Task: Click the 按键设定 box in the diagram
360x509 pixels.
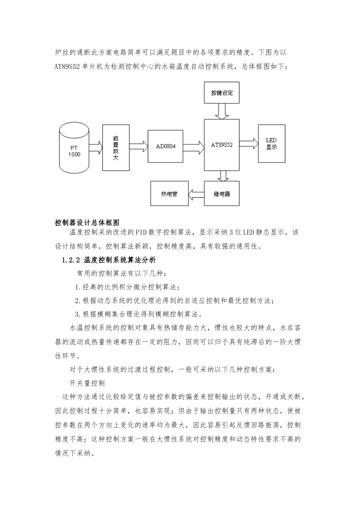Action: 222,93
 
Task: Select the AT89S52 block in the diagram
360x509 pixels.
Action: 222,145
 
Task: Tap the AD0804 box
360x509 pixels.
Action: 166,145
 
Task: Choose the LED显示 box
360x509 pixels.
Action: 271,144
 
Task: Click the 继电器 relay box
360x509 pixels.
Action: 222,194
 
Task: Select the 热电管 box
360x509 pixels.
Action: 169,194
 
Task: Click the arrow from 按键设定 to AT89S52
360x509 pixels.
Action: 222,112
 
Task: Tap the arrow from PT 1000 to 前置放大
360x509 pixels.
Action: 96,146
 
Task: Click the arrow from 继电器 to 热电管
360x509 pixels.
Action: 196,194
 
